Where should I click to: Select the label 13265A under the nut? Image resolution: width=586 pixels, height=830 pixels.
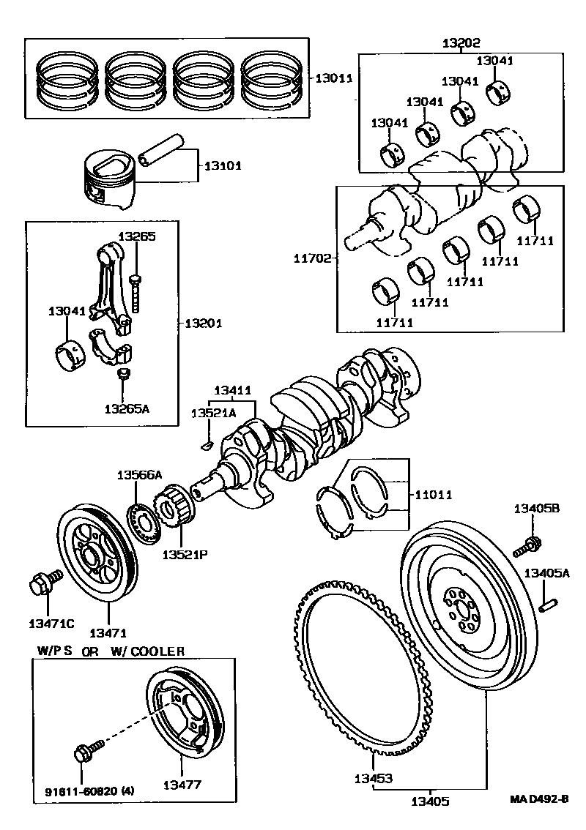pos(126,408)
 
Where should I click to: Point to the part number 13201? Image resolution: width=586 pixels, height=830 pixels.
pos(203,323)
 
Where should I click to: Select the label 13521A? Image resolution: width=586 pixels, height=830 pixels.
pos(213,414)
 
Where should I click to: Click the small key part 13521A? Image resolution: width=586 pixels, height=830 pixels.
pos(206,442)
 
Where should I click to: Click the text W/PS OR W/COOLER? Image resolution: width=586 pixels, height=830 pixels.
pos(111,651)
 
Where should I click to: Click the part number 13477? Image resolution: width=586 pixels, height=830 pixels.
pos(182,785)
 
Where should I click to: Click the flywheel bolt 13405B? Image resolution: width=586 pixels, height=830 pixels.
pos(530,544)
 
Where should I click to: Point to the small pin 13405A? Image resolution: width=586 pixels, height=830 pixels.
pos(547,605)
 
